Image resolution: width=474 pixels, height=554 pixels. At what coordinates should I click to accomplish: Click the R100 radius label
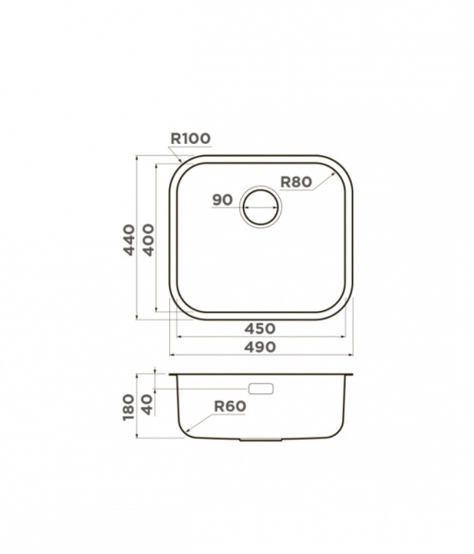[x=190, y=138]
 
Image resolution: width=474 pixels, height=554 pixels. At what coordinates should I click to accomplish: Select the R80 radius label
[x=297, y=182]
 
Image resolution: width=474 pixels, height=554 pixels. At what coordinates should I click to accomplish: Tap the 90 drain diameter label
[x=223, y=200]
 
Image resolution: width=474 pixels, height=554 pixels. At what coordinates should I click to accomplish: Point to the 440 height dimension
[x=129, y=240]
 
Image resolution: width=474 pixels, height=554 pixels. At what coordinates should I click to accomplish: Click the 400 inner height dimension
[x=149, y=240]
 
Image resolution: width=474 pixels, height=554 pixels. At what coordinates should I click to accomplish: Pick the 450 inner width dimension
[x=261, y=329]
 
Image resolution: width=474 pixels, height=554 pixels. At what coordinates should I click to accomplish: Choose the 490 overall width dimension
[x=261, y=346]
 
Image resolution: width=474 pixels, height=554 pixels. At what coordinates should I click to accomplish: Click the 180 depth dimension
[x=128, y=408]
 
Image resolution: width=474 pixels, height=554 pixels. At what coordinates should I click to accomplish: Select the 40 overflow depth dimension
[x=148, y=405]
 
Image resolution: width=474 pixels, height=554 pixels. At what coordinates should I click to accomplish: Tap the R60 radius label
[x=230, y=406]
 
